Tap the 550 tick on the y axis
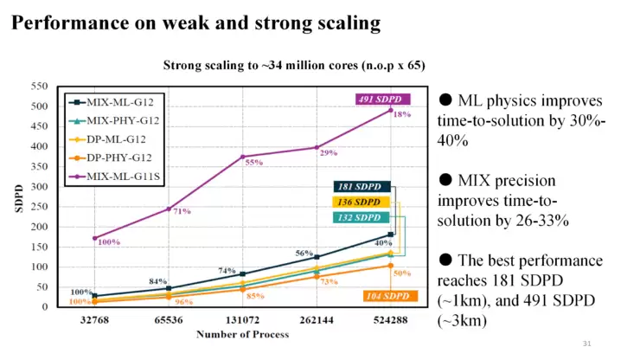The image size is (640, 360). [40, 87]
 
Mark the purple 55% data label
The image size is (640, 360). [253, 163]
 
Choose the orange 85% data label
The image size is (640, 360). [255, 296]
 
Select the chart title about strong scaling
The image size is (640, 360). [294, 66]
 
